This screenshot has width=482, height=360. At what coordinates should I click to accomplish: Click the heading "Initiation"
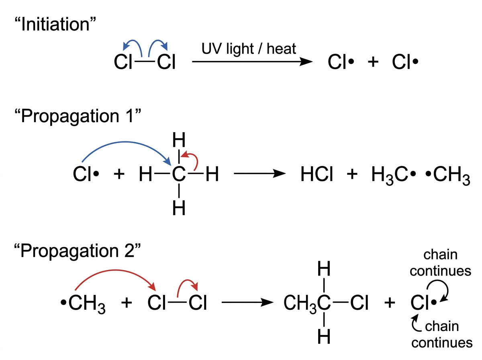[55, 24]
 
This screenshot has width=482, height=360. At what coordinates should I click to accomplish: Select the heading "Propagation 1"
[78, 116]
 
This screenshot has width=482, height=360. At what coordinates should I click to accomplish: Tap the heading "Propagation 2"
[77, 251]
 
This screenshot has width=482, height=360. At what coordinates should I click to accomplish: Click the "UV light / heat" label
[249, 49]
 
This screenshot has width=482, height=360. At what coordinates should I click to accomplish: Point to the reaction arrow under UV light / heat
[252, 61]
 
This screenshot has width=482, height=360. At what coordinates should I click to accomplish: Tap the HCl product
[317, 174]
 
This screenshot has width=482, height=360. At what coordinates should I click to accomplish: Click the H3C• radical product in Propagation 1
[394, 175]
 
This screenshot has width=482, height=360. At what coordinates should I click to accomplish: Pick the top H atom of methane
[179, 140]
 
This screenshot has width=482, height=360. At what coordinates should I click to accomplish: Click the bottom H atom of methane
[179, 208]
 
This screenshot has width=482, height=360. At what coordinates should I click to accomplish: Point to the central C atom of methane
[179, 174]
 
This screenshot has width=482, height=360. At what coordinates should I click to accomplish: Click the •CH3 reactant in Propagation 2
[83, 304]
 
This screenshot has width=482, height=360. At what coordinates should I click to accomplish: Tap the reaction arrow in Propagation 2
[247, 303]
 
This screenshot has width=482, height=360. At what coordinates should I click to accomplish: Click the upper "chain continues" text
[440, 263]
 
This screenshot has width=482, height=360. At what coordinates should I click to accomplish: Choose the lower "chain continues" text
[442, 334]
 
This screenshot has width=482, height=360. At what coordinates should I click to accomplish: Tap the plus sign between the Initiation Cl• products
[373, 62]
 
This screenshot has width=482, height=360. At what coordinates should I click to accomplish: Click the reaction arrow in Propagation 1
[260, 174]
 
